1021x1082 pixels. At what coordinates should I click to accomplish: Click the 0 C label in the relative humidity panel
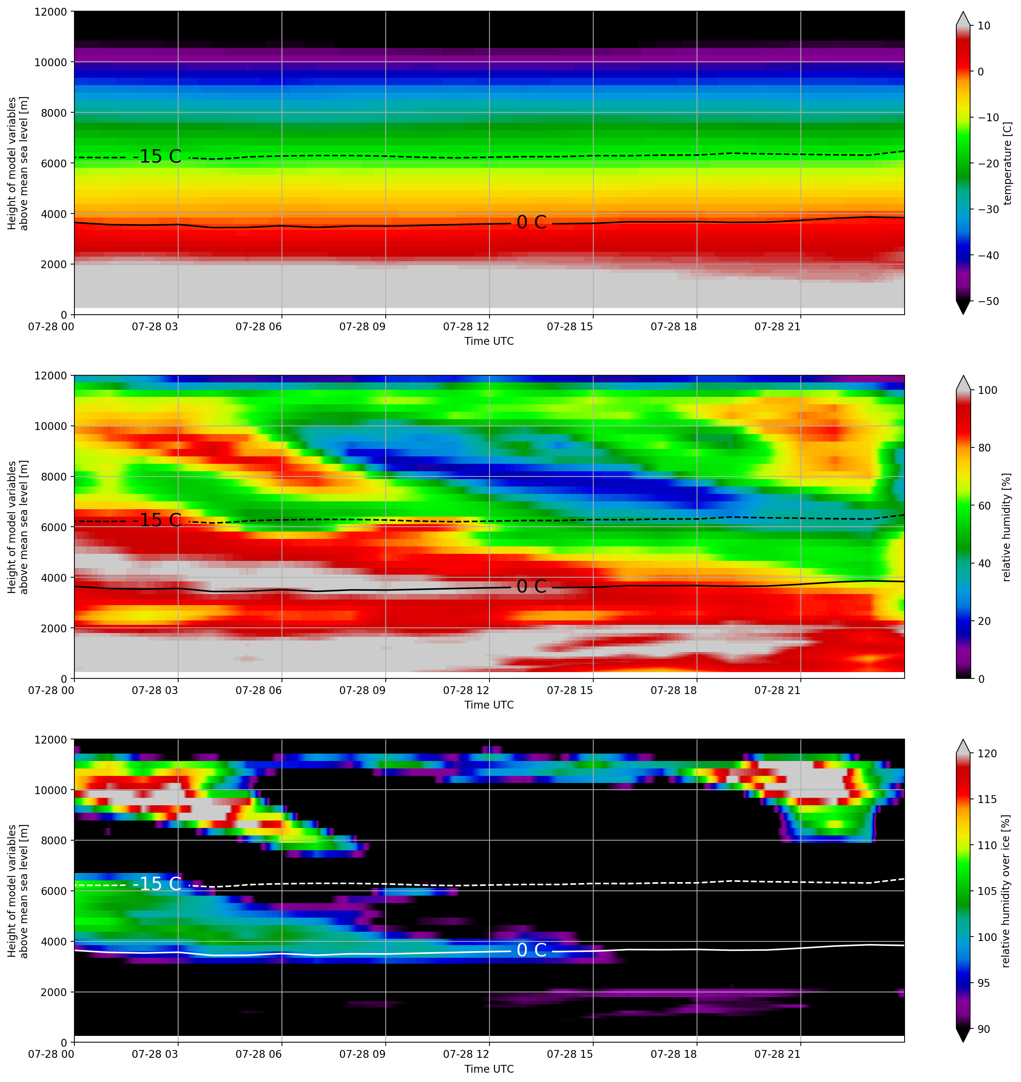(531, 586)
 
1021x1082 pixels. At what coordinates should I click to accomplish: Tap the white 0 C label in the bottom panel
(531, 950)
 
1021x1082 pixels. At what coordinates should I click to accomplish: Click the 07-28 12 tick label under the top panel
(466, 327)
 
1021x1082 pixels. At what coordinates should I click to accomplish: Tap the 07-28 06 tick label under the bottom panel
(259, 1054)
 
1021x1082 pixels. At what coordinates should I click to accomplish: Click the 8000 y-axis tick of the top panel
(54, 113)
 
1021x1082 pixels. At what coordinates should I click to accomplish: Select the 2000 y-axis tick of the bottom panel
(54, 992)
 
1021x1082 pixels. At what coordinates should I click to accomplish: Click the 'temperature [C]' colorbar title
(1007, 163)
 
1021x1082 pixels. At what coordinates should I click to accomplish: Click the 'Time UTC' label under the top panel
(489, 341)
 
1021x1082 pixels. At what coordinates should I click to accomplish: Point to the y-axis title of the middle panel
(17, 527)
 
